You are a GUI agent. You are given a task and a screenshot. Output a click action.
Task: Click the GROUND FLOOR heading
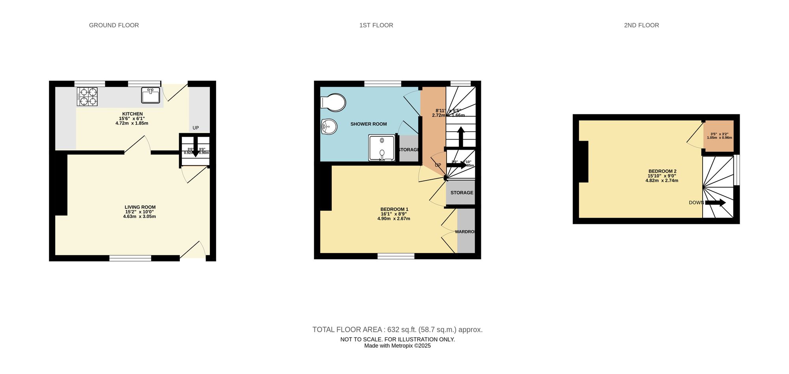point(114,25)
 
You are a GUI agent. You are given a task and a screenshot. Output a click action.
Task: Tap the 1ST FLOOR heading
point(376,25)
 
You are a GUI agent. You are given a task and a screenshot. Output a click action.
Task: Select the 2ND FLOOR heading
point(641,25)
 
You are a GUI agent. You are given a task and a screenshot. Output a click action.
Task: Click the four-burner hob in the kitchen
point(87,97)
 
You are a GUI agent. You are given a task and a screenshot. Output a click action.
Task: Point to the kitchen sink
point(150,95)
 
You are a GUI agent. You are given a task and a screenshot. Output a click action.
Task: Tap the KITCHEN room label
point(133,114)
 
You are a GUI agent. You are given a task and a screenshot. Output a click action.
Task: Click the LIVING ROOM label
point(140,207)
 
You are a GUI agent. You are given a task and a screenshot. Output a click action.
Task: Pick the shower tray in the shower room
point(381,148)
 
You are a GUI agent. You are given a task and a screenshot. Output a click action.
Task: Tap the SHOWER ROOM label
point(368,124)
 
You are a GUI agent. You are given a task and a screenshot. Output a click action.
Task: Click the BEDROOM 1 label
point(394,209)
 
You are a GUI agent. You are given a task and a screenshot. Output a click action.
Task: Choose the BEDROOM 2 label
point(662,171)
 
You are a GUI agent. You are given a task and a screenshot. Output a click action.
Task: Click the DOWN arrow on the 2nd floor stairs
point(715,203)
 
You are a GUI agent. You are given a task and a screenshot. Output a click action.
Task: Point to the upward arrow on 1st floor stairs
point(460,136)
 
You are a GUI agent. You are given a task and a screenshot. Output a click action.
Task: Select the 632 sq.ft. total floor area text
point(397,329)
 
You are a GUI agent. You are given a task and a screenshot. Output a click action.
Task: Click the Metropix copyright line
point(397,346)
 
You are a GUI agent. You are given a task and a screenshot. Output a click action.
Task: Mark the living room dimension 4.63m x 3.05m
point(139,216)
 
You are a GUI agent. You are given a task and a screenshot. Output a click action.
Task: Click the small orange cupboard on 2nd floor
point(719,136)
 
